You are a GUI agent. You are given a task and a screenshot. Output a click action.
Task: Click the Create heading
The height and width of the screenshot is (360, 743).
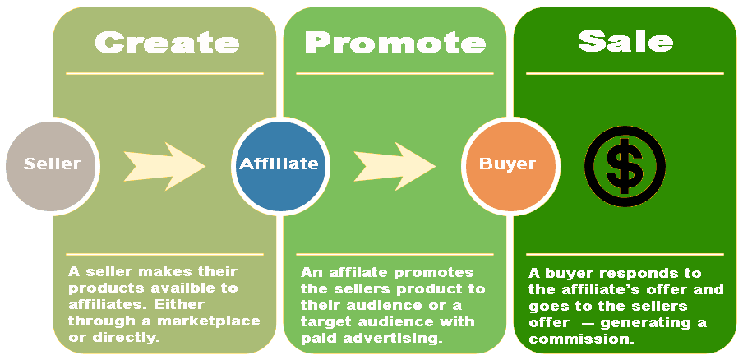click(x=167, y=42)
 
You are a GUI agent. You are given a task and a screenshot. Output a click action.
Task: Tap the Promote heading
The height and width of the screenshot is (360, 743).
click(x=395, y=42)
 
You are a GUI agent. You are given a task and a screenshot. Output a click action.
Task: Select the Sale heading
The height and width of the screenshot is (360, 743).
click(x=625, y=41)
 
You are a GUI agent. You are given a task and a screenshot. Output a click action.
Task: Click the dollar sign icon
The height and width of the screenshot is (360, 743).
click(x=625, y=166)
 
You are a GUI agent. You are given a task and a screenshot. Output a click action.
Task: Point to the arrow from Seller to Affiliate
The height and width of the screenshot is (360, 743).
click(x=164, y=166)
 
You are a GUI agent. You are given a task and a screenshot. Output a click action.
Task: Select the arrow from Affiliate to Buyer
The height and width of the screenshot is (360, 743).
click(x=395, y=166)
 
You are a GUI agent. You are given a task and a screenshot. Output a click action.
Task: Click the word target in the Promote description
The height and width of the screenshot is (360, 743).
click(x=323, y=322)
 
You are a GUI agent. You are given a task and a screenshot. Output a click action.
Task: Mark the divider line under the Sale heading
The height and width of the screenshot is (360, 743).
click(x=625, y=73)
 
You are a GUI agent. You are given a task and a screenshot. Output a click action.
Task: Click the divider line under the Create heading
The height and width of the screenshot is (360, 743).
click(x=164, y=73)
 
